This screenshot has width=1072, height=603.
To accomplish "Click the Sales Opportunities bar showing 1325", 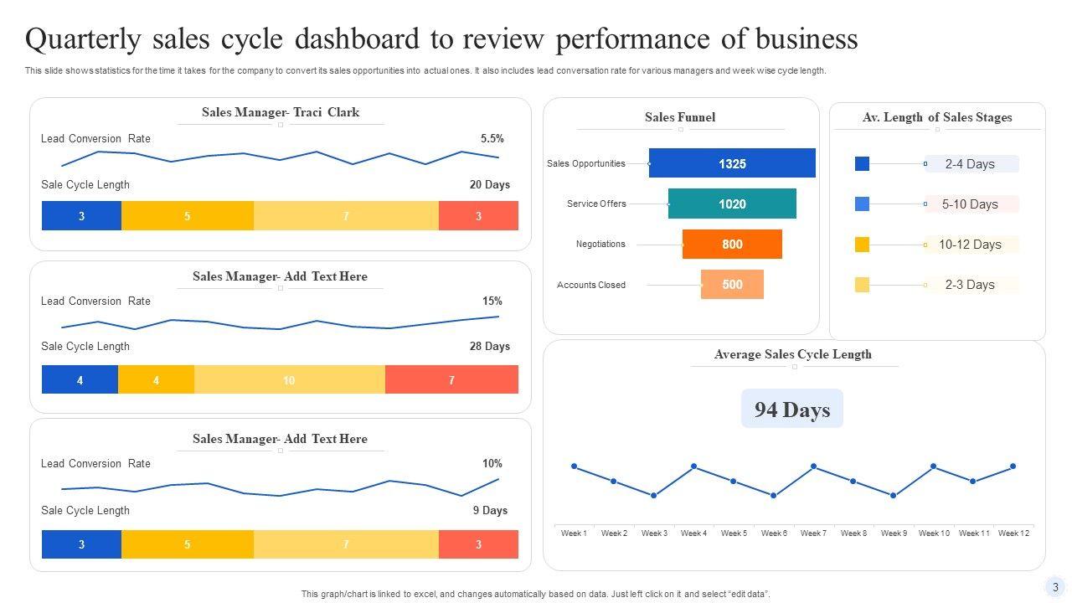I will click(732, 163).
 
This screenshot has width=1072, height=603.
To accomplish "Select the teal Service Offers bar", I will click(732, 204).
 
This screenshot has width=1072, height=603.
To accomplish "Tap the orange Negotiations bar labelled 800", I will click(732, 245).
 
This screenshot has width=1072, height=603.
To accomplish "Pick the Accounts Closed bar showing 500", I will click(732, 285).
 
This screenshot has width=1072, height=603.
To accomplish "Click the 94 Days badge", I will click(792, 410).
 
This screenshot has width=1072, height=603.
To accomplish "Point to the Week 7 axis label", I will click(813, 533).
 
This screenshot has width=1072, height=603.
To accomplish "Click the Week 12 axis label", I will click(1013, 533).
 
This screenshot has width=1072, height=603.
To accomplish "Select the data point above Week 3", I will click(654, 496).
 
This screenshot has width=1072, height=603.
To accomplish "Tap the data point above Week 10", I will click(934, 466).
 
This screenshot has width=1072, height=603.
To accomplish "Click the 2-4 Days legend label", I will click(970, 164).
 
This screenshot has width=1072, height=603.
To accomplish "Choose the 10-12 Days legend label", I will click(970, 245).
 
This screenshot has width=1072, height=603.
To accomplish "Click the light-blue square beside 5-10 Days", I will click(862, 204).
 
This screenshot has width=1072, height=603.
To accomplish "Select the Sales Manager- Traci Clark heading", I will click(281, 112).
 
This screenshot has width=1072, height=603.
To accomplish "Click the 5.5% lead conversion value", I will click(492, 139).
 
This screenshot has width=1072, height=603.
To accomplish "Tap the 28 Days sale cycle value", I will click(490, 347).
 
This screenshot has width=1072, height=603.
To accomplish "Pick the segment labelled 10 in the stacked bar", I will click(289, 380).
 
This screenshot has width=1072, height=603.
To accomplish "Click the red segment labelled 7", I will click(451, 380).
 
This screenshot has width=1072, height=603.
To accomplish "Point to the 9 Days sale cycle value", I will click(490, 511).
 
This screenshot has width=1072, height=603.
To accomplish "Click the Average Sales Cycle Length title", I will click(792, 354).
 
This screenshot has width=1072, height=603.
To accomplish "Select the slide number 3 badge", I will click(1055, 587).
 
